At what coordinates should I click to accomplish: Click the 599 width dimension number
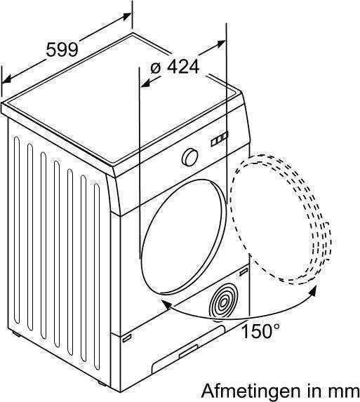62,50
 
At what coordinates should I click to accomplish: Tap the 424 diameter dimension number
183,67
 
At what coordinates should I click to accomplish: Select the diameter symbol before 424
155,67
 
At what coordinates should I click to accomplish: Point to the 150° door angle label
261,330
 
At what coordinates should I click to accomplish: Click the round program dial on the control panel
190,157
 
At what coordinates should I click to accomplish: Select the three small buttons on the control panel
220,139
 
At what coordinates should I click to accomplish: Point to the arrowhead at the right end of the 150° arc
312,293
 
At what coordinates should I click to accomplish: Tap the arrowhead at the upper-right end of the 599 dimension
127,16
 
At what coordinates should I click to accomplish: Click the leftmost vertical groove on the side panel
17,231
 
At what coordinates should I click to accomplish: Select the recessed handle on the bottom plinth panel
189,351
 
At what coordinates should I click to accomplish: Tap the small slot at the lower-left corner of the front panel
127,338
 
